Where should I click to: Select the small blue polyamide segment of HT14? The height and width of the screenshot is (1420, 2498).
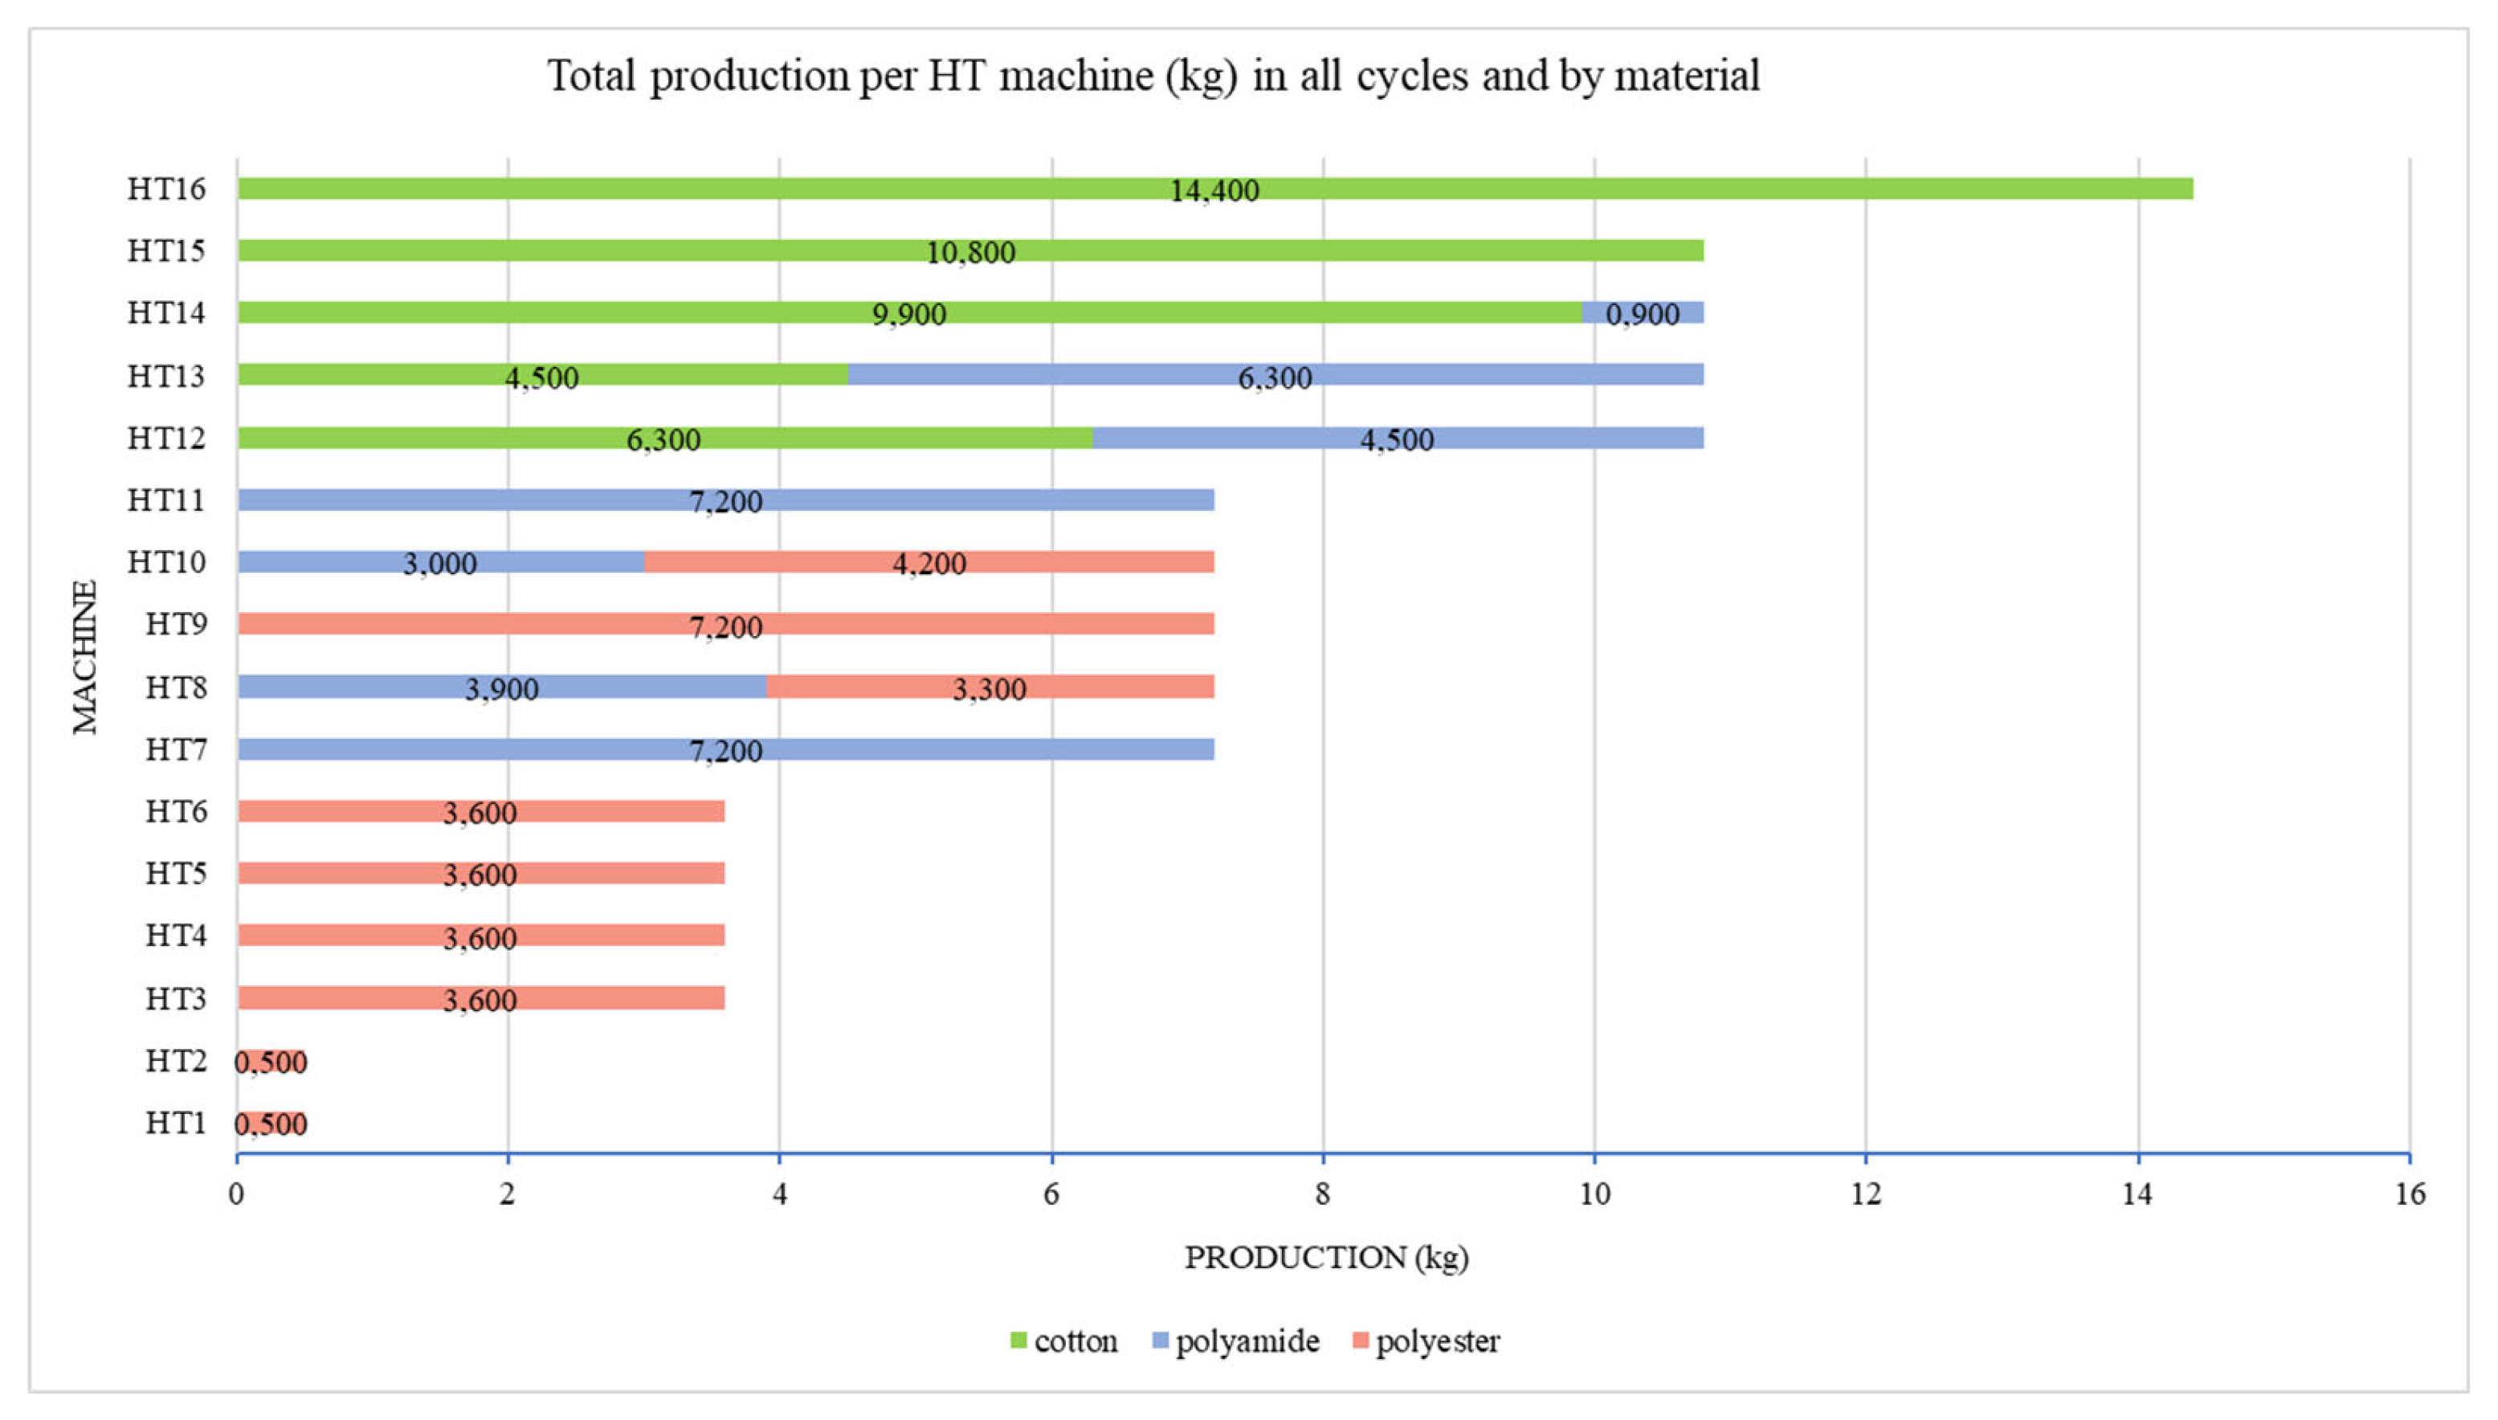tap(1642, 313)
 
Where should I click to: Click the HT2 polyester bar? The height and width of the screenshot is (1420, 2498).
tap(271, 1061)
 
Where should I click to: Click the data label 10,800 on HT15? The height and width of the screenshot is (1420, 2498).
tap(970, 252)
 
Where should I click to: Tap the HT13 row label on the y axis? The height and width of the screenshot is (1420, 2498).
tap(165, 376)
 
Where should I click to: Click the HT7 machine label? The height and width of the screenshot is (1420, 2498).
tap(176, 750)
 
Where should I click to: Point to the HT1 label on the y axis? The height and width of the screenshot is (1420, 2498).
tap(176, 1124)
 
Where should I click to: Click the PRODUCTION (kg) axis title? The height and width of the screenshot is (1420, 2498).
tap(1326, 1257)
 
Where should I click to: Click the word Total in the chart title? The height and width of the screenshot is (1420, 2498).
tap(592, 76)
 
